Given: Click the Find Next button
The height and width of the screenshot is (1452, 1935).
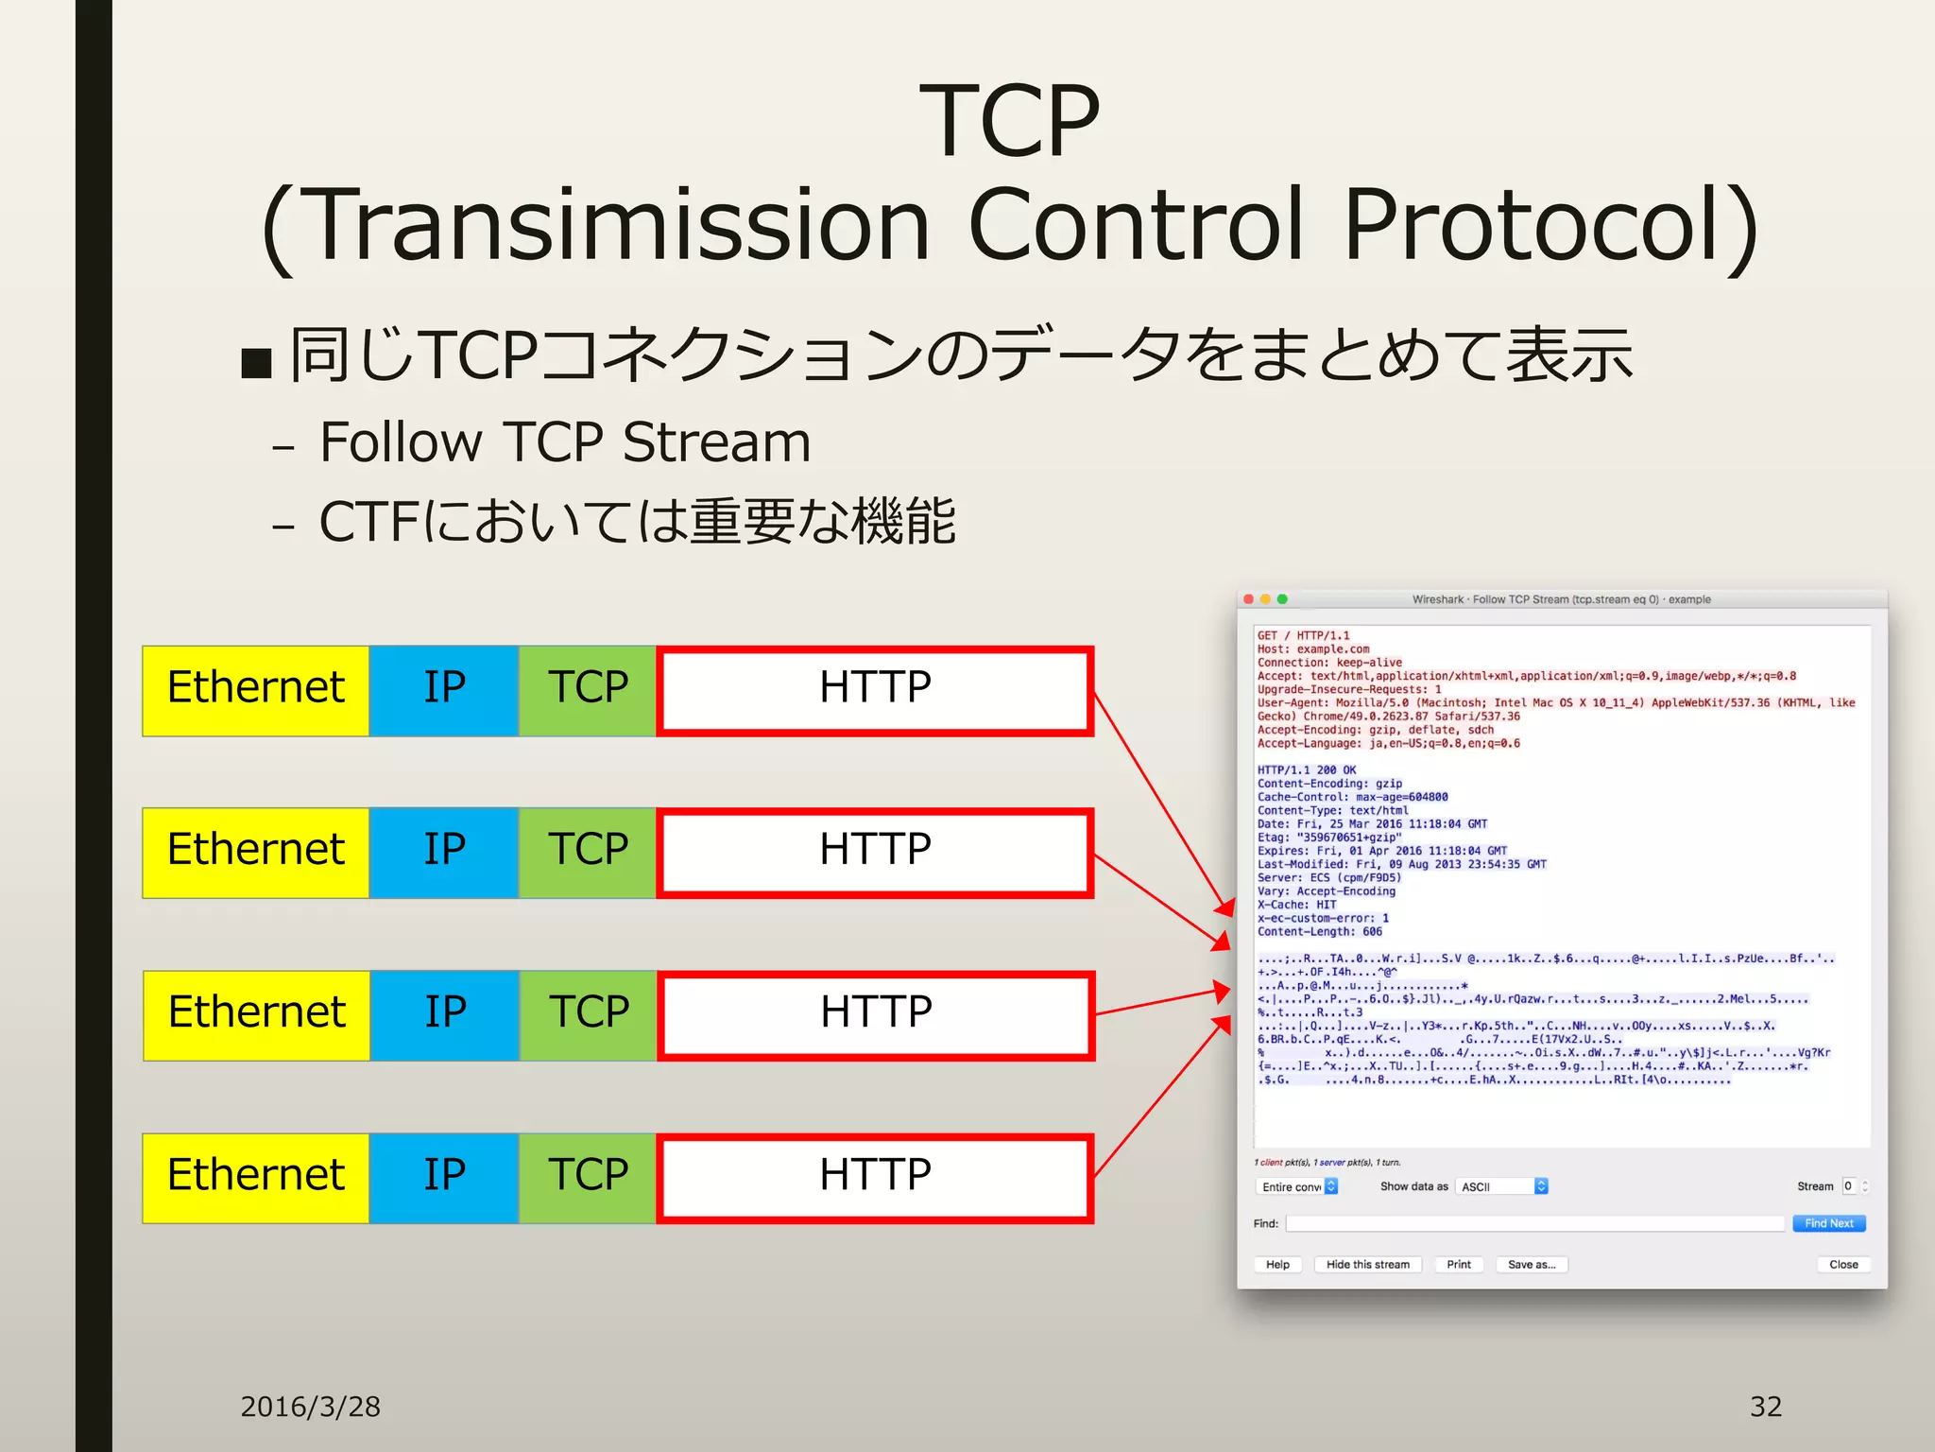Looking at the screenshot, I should click(x=1828, y=1223).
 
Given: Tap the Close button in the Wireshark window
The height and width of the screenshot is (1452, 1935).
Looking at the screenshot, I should click(x=1842, y=1265).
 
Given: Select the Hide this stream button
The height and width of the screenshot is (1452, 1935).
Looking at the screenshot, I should click(x=1367, y=1265).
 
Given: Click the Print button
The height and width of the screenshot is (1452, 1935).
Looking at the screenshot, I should click(x=1458, y=1265).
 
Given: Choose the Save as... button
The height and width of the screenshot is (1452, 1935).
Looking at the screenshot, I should click(x=1531, y=1265).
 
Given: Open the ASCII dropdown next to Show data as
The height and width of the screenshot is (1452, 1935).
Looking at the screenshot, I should click(x=1502, y=1186).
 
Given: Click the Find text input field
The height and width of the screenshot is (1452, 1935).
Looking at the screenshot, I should click(x=1534, y=1223).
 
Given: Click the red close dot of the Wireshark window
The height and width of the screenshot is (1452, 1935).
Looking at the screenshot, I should click(x=1249, y=599).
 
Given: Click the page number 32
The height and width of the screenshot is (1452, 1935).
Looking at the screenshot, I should click(x=1765, y=1407).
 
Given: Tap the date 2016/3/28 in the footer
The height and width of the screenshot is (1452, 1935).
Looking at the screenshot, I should click(x=310, y=1407).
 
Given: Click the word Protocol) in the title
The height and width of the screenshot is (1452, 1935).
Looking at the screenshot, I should click(x=1550, y=227).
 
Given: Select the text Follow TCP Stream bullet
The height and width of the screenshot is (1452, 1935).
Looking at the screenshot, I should click(x=565, y=442).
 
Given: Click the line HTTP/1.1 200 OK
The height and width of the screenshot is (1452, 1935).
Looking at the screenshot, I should click(x=1306, y=769).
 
